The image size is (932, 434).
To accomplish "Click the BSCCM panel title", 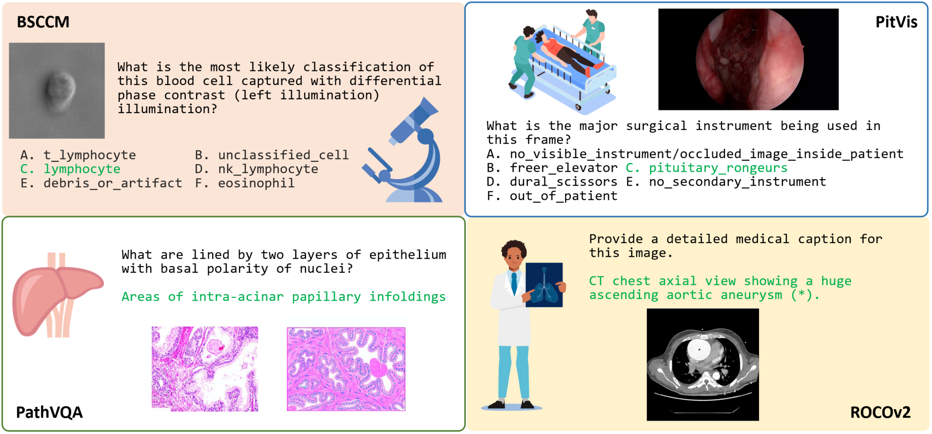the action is click(x=43, y=22).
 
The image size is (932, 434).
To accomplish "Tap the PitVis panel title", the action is click(x=896, y=22).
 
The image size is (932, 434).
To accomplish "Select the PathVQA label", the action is click(x=49, y=412).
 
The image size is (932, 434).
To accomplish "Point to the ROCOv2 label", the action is click(x=880, y=412).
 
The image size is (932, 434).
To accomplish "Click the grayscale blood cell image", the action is click(x=57, y=91).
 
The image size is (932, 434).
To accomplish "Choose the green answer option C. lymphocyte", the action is click(x=70, y=169).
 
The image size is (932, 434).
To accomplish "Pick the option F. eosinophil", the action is click(x=245, y=183).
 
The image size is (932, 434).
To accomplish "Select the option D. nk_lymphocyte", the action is click(x=256, y=169).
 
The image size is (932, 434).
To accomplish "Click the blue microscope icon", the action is click(x=403, y=150).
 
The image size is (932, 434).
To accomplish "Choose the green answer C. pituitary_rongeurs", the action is click(x=706, y=168).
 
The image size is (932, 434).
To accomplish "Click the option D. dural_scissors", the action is click(x=552, y=182).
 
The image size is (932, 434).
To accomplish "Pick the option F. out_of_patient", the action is click(x=552, y=196).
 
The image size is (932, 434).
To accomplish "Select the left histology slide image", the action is click(x=205, y=369).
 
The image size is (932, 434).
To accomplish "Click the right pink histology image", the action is click(x=346, y=369).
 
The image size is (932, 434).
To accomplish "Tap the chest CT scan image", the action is click(x=703, y=365).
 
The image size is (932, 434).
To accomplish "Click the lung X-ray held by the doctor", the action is click(x=544, y=285).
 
